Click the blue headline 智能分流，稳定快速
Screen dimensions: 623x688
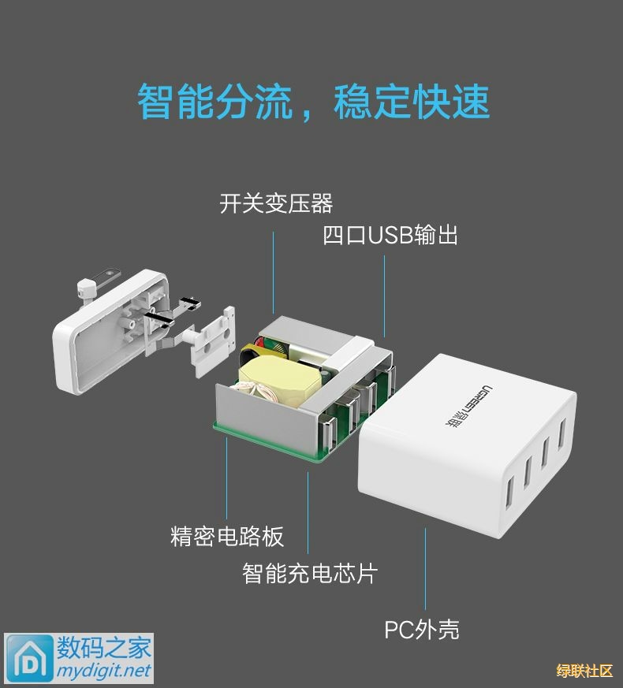pyautogui.click(x=314, y=102)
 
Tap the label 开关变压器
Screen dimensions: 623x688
pyautogui.click(x=276, y=203)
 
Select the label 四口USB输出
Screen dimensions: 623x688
pyautogui.click(x=390, y=235)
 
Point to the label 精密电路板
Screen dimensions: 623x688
pyautogui.click(x=227, y=536)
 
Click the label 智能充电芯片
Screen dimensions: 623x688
pyautogui.click(x=310, y=573)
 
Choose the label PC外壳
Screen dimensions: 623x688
pyautogui.click(x=422, y=629)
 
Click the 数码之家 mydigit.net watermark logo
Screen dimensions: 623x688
pyautogui.click(x=79, y=658)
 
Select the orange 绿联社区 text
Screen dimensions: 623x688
pyautogui.click(x=584, y=671)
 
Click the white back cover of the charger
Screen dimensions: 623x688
pyautogui.click(x=110, y=332)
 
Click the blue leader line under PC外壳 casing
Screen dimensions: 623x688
pyautogui.click(x=425, y=569)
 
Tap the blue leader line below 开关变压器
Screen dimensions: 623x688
pyautogui.click(x=273, y=273)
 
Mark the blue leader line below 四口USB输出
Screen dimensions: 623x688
pyautogui.click(x=384, y=296)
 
